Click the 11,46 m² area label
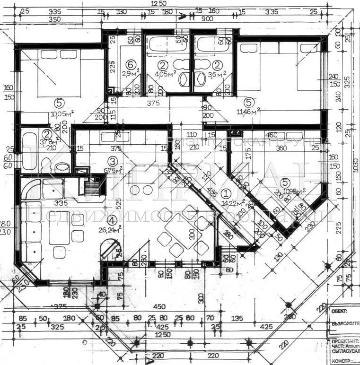tap(250, 112)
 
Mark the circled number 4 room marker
tap(111, 220)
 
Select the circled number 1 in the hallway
tap(226, 193)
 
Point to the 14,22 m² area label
tap(231, 203)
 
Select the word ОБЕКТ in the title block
tap(340, 311)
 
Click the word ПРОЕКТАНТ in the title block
tap(343, 340)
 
